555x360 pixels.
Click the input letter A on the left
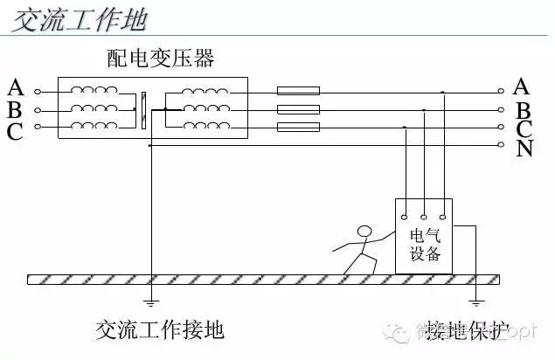click(15, 88)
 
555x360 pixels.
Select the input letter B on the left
click(15, 110)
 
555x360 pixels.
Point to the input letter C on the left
click(15, 131)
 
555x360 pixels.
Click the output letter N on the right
click(524, 149)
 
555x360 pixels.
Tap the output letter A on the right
click(522, 86)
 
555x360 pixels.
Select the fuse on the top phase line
click(298, 90)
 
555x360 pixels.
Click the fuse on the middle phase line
click(298, 109)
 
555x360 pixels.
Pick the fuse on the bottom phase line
click(298, 128)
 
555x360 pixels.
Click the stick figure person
click(359, 248)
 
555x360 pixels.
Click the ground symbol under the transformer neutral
click(150, 304)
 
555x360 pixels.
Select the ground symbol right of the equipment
click(476, 304)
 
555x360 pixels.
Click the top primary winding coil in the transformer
click(94, 90)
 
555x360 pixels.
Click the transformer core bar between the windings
click(142, 109)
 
